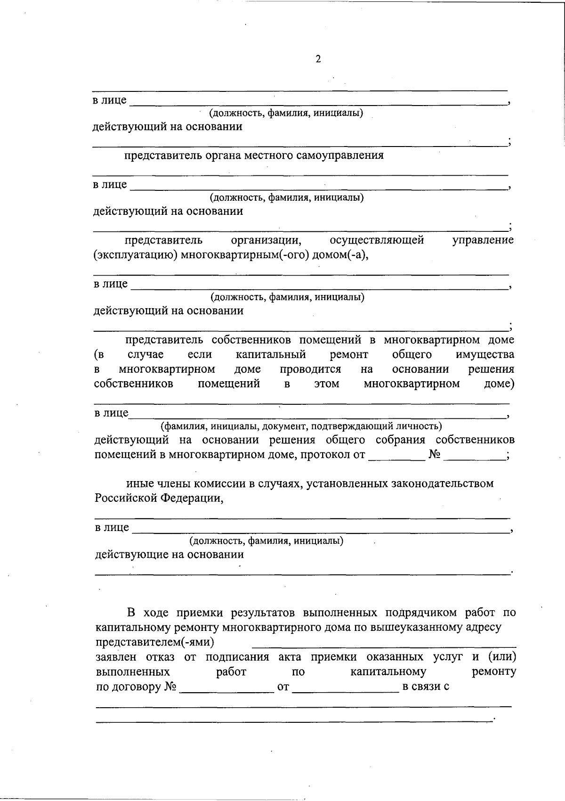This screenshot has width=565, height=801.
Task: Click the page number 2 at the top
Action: (x=318, y=59)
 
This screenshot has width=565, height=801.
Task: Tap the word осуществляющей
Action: (x=377, y=240)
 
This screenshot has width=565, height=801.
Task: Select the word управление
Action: (x=483, y=240)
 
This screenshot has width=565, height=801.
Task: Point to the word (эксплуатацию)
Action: (x=135, y=255)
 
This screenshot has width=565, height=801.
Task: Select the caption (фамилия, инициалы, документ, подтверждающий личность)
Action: (x=301, y=427)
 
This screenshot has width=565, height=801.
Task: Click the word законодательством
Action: (x=443, y=483)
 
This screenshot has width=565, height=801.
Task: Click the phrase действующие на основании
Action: (x=169, y=555)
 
